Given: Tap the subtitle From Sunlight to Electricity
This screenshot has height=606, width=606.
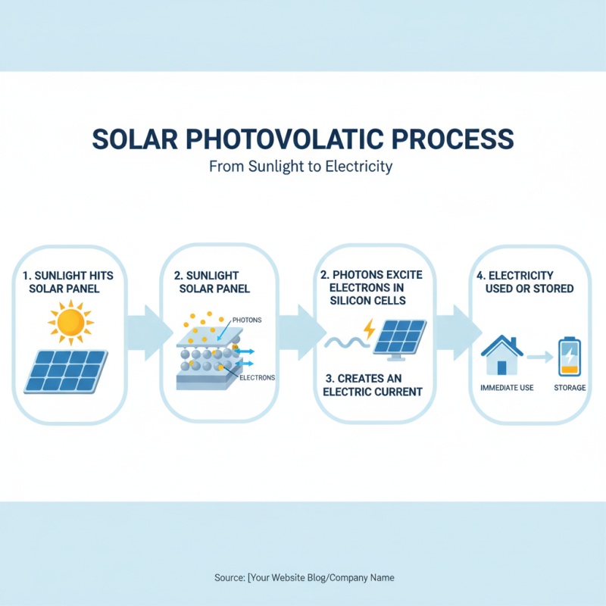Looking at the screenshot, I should tap(301, 166).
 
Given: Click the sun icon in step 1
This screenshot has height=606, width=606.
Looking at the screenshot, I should tap(69, 321).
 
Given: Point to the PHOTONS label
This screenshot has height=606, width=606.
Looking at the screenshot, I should tap(247, 320).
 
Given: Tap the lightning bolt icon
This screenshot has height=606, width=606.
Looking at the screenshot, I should tap(369, 330).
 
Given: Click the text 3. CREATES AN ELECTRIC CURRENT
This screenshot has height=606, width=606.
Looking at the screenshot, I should tap(372, 385).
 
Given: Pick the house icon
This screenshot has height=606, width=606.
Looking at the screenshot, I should tap(502, 355).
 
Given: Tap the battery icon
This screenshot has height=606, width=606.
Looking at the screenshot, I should tap(568, 358).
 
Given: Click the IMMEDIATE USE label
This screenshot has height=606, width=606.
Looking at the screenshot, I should tap(507, 388).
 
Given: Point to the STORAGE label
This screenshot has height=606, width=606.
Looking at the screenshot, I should tap(570, 388).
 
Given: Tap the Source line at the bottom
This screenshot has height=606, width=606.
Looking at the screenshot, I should tap(304, 577).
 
